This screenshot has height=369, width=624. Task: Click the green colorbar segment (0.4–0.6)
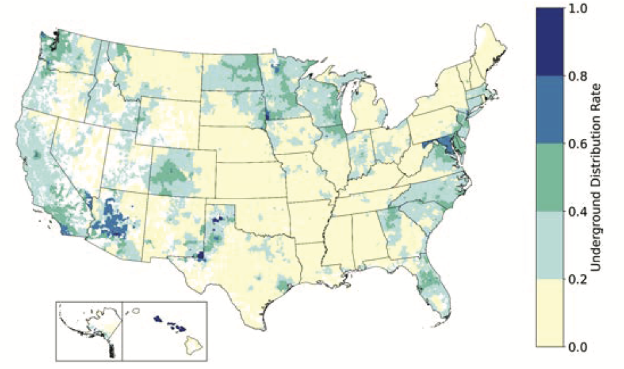(x=549, y=178)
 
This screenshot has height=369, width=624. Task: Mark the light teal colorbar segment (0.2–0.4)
(x=549, y=245)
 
